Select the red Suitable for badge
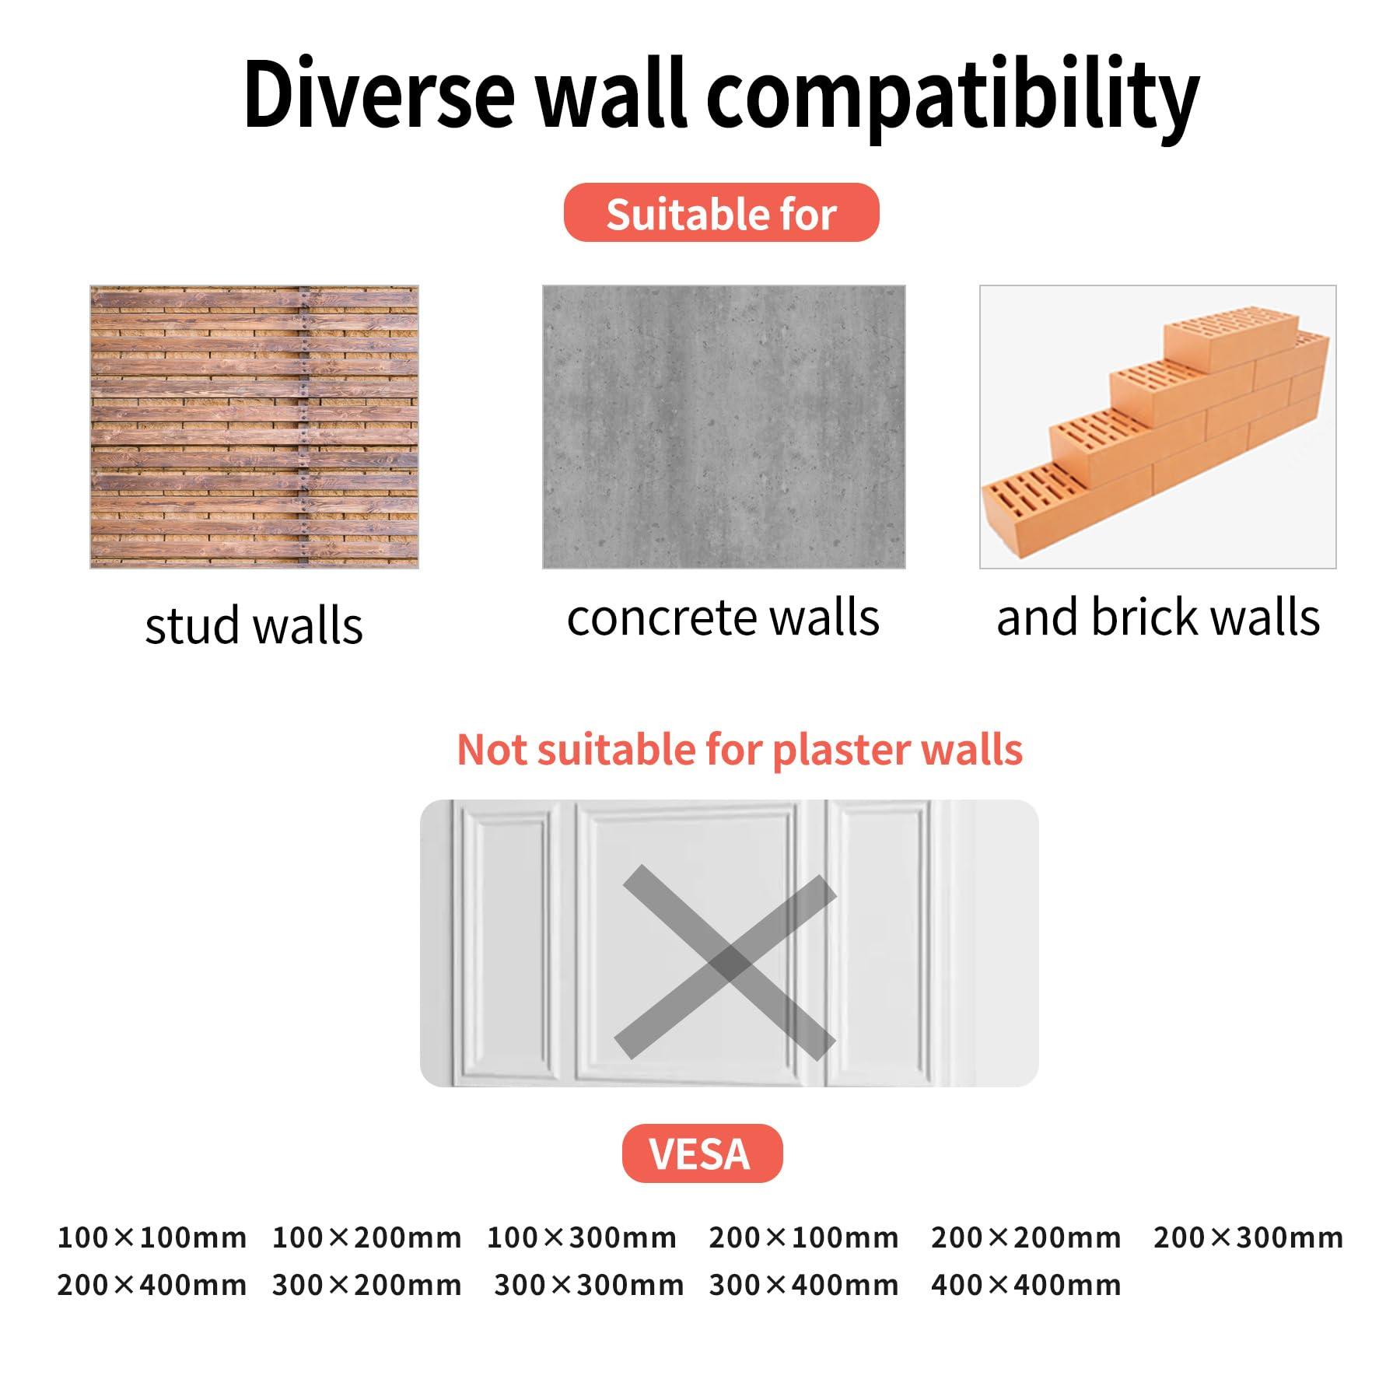(x=721, y=212)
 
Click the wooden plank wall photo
(x=254, y=427)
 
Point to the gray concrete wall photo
(x=723, y=427)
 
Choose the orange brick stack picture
(x=1157, y=427)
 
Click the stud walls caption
(x=254, y=625)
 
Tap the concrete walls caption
(x=723, y=618)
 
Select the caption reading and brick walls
(x=1158, y=618)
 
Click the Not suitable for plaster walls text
(x=740, y=749)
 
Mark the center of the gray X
(x=726, y=964)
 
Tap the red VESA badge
(x=702, y=1153)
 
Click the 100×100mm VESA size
(x=152, y=1237)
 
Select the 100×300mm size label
(x=582, y=1237)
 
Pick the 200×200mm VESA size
(x=1026, y=1237)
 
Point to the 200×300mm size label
(x=1248, y=1237)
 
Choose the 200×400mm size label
(x=152, y=1285)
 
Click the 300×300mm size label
(x=589, y=1285)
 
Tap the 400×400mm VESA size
(x=1026, y=1285)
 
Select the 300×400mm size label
(x=803, y=1285)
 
